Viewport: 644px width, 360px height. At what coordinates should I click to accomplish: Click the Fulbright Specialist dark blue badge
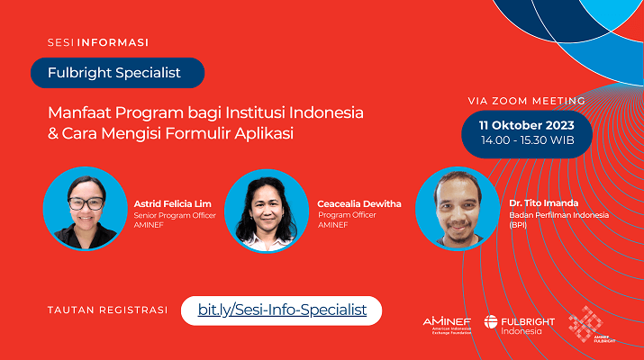coord(117,73)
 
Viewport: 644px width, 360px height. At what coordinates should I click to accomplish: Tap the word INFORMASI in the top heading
coord(113,42)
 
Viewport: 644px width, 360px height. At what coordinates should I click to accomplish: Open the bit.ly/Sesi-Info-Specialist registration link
coord(282,310)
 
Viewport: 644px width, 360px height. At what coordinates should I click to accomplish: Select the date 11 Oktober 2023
coord(527,125)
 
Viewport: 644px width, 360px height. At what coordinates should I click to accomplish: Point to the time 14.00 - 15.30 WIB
coord(527,140)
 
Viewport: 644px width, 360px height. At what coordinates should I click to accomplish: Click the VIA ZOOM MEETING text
coord(527,101)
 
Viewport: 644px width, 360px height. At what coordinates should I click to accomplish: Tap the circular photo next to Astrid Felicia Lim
coord(86,209)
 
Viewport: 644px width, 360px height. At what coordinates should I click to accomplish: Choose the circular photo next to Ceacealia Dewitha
coord(267,211)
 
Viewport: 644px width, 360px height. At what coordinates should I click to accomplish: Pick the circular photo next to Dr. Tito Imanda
coord(458,209)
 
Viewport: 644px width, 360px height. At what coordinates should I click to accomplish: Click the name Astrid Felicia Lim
coord(173,204)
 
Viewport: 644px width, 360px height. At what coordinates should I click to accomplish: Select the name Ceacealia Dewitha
coord(359,204)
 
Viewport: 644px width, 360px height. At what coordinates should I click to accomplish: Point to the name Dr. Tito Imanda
coord(543,203)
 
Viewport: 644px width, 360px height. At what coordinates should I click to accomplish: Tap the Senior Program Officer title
coord(175,215)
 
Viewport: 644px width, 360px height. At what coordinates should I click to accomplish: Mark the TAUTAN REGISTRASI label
coord(107,310)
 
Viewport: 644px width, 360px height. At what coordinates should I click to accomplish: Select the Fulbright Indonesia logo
coord(519,325)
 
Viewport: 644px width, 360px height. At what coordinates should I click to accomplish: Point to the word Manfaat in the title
coord(79,112)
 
